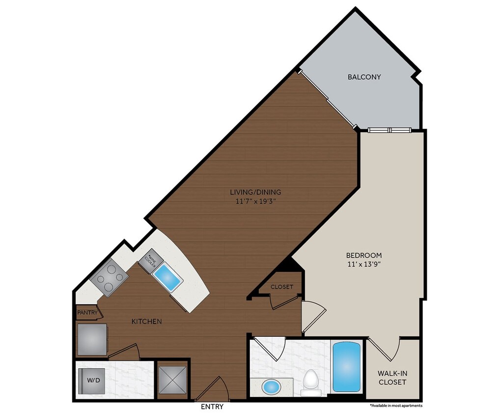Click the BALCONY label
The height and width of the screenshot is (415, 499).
(364, 77)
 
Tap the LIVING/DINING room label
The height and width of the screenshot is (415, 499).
(256, 192)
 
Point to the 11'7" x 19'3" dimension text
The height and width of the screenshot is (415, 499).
(256, 201)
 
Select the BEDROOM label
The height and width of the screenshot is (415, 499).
(364, 255)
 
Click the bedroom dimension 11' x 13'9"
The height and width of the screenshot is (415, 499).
(364, 264)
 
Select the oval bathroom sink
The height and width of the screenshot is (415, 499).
(271, 386)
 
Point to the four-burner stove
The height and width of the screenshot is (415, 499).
(109, 277)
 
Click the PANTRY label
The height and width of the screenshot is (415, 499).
(86, 312)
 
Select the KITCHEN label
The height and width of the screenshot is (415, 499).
(147, 322)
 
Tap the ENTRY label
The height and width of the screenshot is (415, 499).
(212, 407)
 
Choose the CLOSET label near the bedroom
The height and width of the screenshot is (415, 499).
(281, 287)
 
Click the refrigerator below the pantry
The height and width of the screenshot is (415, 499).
(92, 339)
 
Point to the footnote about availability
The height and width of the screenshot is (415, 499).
(396, 406)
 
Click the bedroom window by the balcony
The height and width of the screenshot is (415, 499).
(389, 130)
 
